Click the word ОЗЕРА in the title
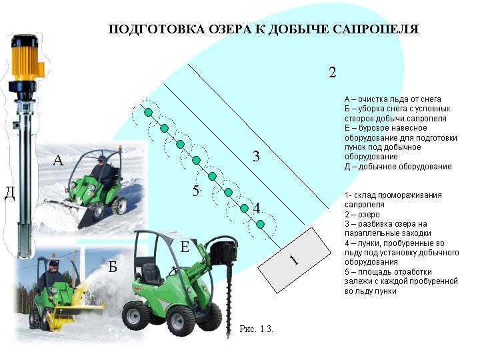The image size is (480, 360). click(229, 29)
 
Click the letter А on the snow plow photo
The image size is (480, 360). click(58, 160)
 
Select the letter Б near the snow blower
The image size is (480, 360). click(113, 267)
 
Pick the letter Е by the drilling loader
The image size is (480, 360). click(185, 247)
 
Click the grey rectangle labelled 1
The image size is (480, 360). click(294, 260)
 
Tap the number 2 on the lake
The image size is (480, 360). click(333, 72)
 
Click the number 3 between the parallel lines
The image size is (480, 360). click(256, 156)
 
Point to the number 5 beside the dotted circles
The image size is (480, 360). click(196, 191)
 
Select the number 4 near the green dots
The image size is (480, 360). click(257, 208)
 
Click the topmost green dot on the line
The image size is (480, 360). click(148, 113)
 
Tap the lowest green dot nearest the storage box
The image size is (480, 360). click(260, 225)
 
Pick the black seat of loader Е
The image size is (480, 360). click(151, 273)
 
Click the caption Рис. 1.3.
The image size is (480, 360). click(256, 329)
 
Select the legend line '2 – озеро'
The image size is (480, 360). click(362, 214)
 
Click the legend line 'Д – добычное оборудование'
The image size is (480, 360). click(398, 167)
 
